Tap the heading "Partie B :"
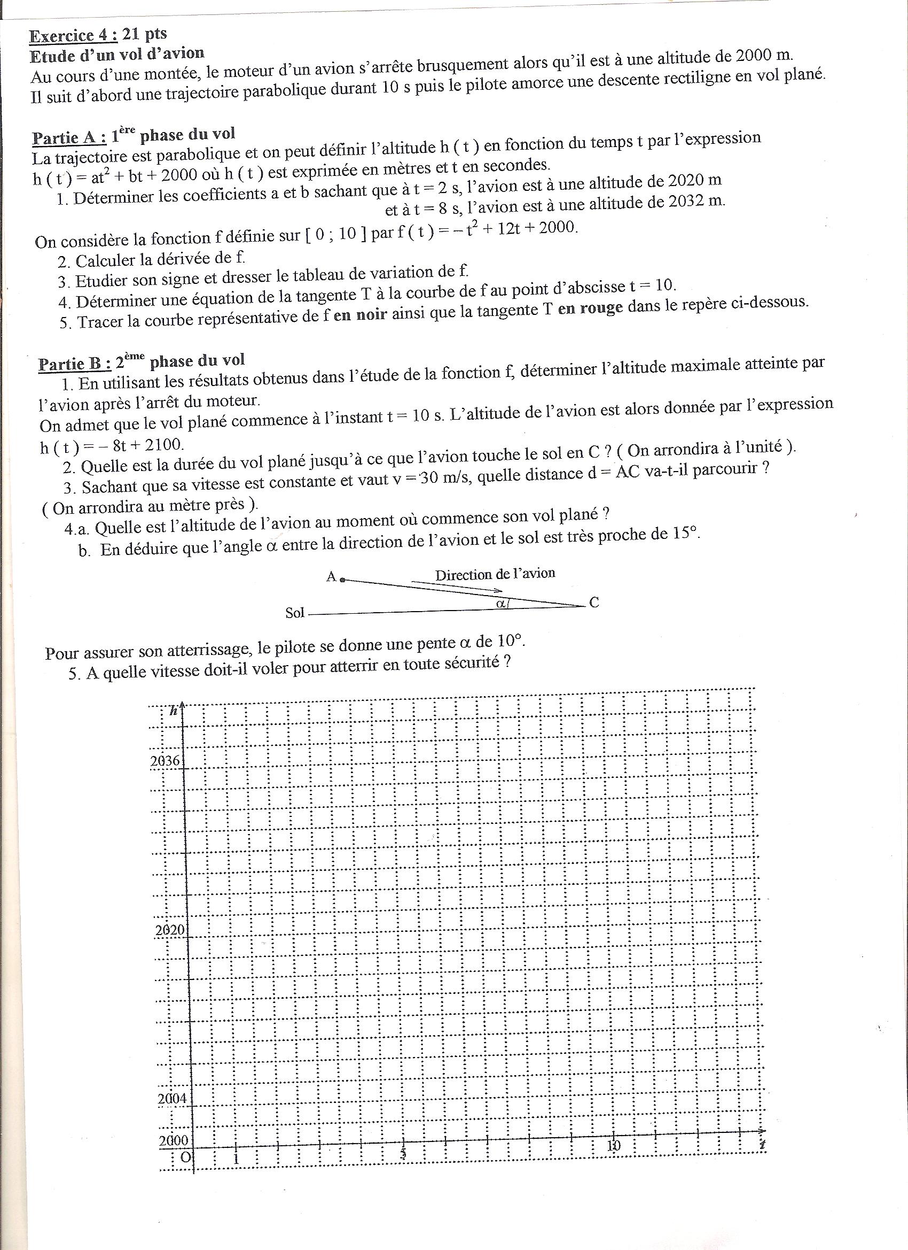pyautogui.click(x=74, y=364)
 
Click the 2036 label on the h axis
pyautogui.click(x=164, y=762)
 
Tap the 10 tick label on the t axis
pyautogui.click(x=613, y=1145)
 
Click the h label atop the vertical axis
pyautogui.click(x=174, y=711)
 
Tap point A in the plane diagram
pyautogui.click(x=342, y=579)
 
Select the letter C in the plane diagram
pyautogui.click(x=593, y=603)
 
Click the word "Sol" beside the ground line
pyautogui.click(x=295, y=613)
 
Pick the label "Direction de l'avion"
pyautogui.click(x=495, y=574)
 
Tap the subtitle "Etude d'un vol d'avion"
pyautogui.click(x=117, y=55)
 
